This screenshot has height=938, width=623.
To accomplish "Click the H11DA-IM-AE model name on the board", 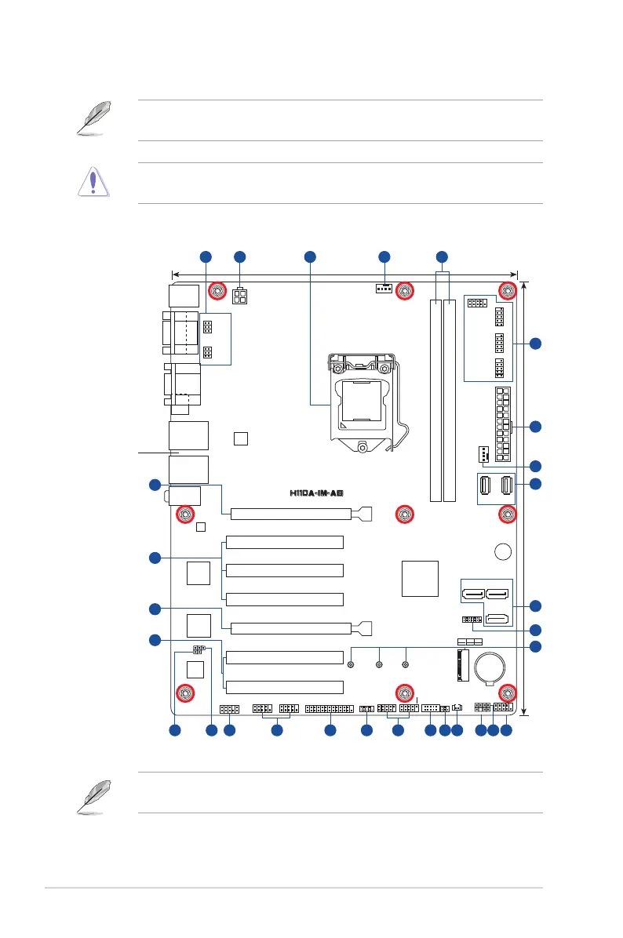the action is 316,493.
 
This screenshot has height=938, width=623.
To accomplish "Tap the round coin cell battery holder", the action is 490,667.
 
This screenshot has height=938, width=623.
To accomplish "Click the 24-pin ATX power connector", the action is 503,424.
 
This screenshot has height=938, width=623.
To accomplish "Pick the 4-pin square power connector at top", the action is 240,296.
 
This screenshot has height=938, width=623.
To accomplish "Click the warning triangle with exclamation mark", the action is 93,182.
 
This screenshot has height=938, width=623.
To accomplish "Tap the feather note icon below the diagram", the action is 94,796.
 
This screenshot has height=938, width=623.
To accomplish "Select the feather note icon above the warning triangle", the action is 94,118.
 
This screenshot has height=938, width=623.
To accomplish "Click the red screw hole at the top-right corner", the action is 508,291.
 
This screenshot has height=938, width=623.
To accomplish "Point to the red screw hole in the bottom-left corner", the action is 185,693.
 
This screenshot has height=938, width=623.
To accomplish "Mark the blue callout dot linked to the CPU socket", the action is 310,256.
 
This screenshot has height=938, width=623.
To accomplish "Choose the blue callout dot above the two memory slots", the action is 442,256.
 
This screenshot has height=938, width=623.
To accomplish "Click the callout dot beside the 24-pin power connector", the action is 536,427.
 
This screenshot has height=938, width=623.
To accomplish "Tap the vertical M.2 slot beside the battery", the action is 461,665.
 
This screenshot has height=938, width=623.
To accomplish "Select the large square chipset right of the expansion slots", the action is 420,579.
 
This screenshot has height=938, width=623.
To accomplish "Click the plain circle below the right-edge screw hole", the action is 503,551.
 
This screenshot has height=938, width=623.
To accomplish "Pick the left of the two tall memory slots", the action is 435,401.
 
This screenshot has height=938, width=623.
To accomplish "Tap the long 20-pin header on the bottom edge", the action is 330,709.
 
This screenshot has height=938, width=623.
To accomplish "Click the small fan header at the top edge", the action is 384,289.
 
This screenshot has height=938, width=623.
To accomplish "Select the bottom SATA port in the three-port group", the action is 497,619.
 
